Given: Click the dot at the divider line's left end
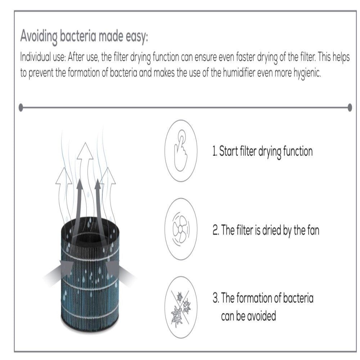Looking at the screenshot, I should coord(21,107).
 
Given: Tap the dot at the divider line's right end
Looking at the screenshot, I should coord(350,107).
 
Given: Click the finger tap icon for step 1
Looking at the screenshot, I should coord(181,150).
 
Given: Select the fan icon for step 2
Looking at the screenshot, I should coord(181,229).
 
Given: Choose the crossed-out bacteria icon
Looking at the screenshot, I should coord(181,307).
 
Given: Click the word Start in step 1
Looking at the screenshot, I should coord(228,151).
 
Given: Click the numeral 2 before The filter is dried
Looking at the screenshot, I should coord(215,230).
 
